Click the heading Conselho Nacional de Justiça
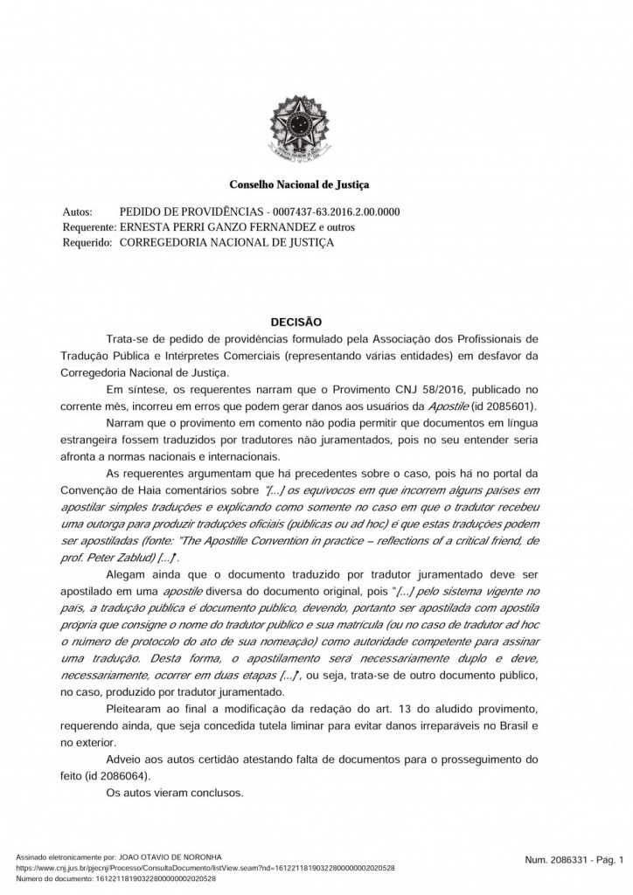click(299, 185)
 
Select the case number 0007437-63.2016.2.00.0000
click(337, 212)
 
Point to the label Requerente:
click(90, 227)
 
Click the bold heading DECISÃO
click(299, 322)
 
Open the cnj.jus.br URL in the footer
click(205, 868)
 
